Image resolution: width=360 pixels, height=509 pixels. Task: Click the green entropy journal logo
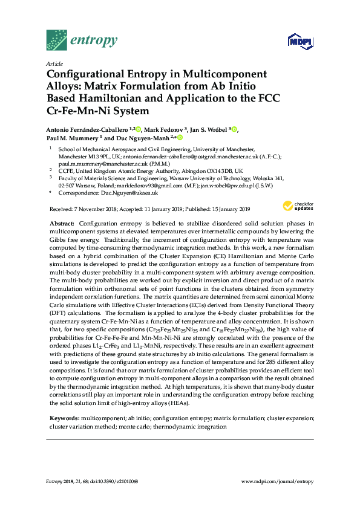(82, 41)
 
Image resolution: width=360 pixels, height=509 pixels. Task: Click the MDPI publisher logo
(297, 41)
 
